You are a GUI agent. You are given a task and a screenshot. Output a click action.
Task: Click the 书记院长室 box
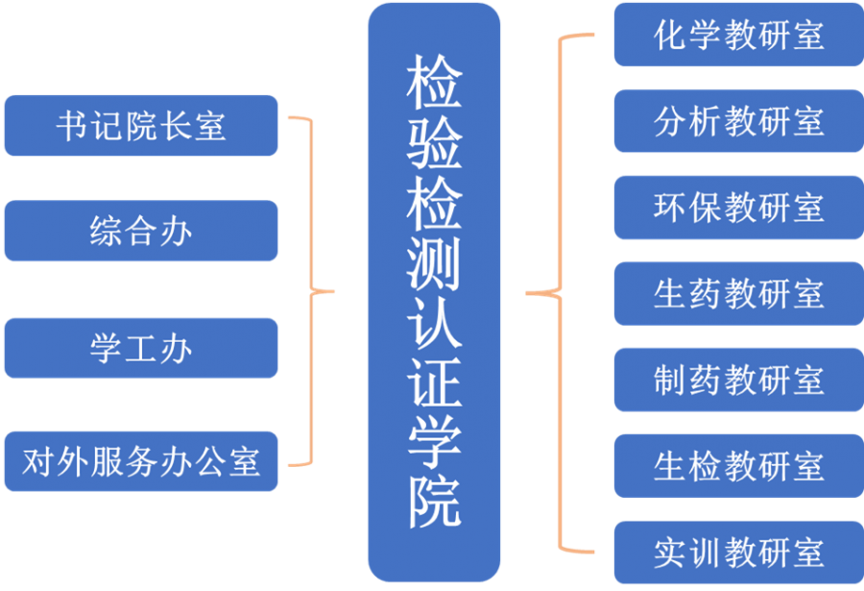pos(141,126)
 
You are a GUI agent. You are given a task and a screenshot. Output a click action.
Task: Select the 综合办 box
pos(141,232)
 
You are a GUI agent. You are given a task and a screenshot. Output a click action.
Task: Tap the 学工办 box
pos(141,348)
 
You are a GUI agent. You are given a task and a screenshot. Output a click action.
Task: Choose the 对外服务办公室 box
pos(141,461)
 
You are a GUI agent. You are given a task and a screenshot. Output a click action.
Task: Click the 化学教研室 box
pos(738,36)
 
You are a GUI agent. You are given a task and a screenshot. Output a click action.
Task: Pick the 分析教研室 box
pos(738,122)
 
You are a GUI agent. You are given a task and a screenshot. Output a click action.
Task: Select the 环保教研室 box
pos(738,208)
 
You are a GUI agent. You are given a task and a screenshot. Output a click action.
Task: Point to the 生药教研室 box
pos(738,293)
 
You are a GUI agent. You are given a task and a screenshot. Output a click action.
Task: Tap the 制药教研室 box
pos(738,380)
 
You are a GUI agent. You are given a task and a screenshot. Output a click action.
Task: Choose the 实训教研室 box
pos(738,552)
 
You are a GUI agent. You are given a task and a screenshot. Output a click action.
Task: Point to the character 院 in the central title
pos(435,500)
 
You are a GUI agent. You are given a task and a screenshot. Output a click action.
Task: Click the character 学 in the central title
pos(435,441)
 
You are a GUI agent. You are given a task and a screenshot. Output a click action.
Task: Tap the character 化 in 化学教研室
pos(668,36)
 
